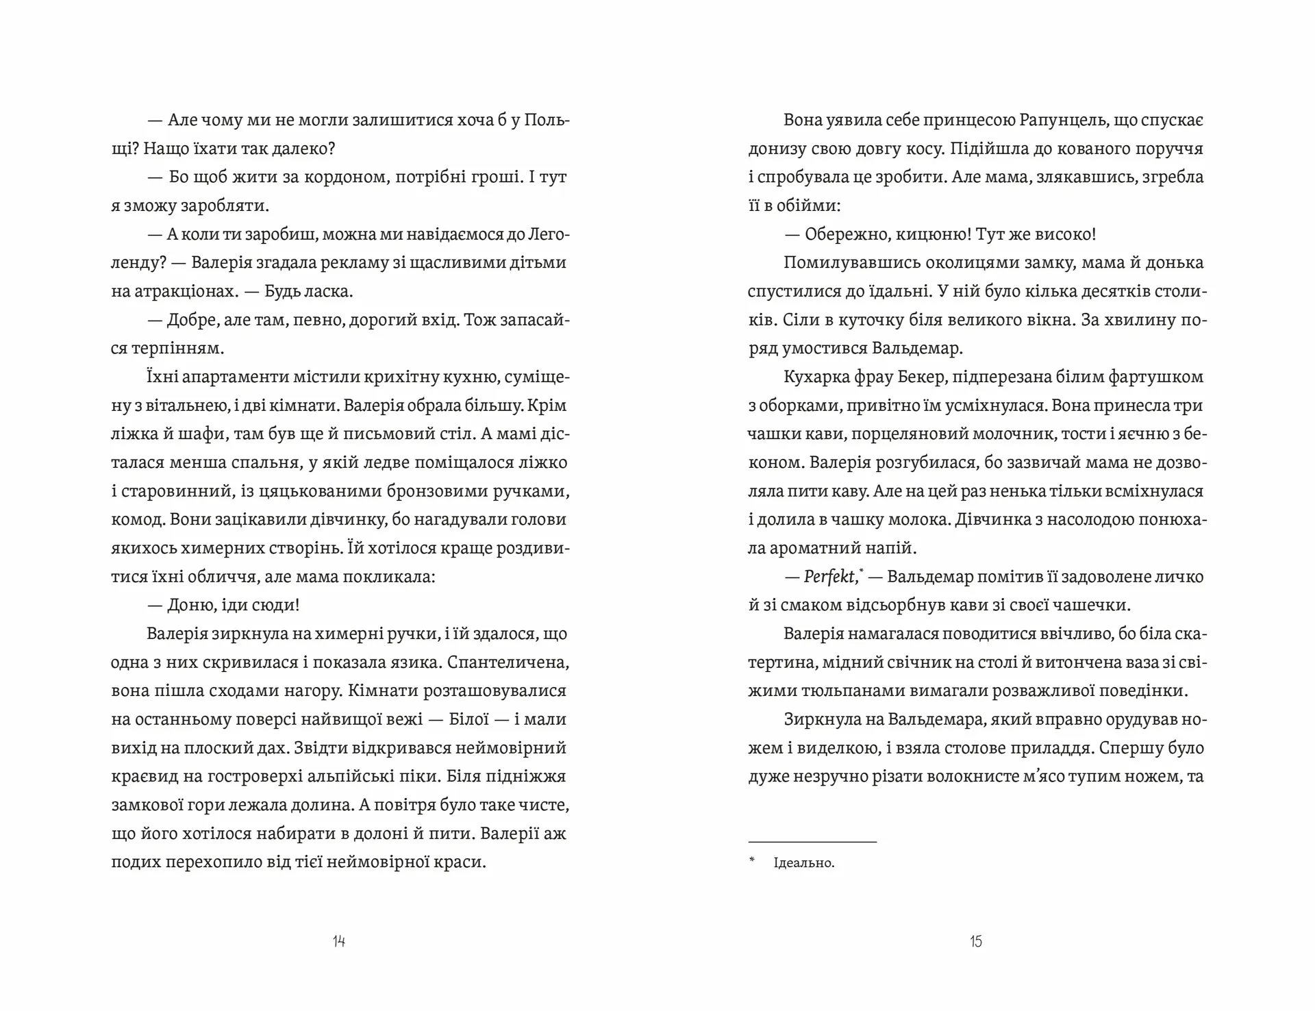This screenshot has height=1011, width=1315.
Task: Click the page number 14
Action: [339, 941]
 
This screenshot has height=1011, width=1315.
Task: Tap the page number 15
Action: [976, 941]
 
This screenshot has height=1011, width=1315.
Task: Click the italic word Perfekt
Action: [829, 577]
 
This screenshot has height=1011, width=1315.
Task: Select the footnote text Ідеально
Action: [803, 863]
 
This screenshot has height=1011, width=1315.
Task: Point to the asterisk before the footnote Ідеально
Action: [752, 861]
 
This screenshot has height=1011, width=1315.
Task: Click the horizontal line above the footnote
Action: [812, 842]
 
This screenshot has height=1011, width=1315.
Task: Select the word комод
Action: [136, 520]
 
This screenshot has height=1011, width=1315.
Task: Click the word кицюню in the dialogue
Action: [914, 235]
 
